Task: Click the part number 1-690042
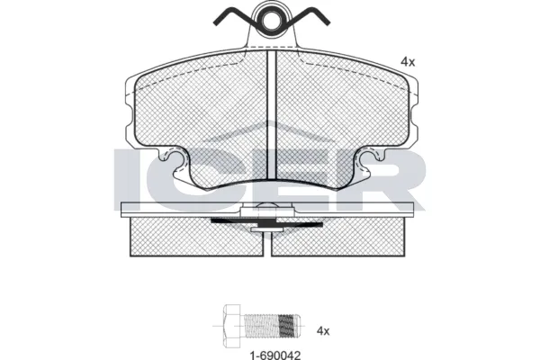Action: tap(274, 355)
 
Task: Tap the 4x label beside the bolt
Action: tap(323, 331)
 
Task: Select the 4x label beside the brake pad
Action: tap(408, 62)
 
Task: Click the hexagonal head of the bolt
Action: tap(232, 326)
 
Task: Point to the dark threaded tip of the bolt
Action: tap(289, 326)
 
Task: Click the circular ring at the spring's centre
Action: tap(272, 20)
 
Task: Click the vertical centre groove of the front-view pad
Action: tap(272, 114)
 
